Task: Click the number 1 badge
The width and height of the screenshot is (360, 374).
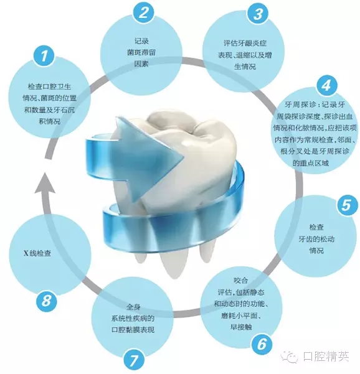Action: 44,56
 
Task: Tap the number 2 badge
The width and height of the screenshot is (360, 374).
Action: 143,12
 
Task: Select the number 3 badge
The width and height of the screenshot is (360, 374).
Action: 258,14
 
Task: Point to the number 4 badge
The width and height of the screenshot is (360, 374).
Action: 326,85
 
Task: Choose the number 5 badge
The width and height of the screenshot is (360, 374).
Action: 347,204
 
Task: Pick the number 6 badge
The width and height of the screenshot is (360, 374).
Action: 262,344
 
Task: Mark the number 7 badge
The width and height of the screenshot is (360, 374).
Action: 134,360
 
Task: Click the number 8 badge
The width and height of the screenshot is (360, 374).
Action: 47,301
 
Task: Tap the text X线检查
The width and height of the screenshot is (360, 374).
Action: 37,253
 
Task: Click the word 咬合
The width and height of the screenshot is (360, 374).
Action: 241,280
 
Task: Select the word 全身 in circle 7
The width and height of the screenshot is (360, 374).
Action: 133,307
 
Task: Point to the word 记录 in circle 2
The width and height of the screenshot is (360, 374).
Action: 141,41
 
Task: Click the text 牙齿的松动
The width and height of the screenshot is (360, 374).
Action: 316,239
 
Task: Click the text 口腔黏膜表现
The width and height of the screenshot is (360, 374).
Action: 133,330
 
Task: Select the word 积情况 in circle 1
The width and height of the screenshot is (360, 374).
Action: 49,121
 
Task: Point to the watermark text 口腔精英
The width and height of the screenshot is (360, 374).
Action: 326,357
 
